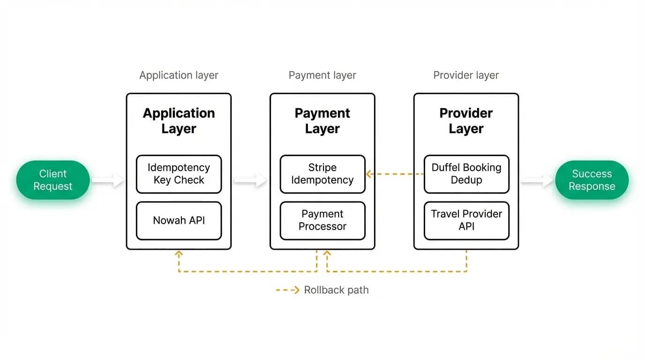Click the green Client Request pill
coord(53,180)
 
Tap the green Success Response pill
coord(592,180)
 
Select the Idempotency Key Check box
coord(179,174)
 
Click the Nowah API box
coord(179,221)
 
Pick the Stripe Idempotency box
coord(322,174)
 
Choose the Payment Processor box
coord(322,221)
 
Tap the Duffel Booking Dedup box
coord(466,174)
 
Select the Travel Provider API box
coord(466,221)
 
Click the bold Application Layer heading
coord(179,120)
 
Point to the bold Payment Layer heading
coord(322,120)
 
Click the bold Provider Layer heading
coord(466,120)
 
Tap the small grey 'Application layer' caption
coord(179,75)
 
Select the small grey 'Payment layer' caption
coord(322,75)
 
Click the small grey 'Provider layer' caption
coord(466,75)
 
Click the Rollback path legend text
coord(336,290)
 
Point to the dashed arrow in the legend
coord(288,290)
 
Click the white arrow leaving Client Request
coord(108,180)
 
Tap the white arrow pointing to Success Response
coord(537,180)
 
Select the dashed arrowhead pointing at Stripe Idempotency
coord(369,174)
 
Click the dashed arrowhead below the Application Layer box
coord(179,254)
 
